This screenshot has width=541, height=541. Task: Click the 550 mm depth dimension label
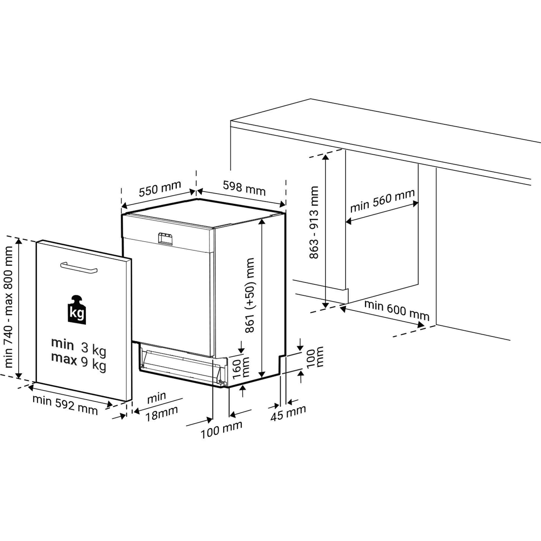coord(160,189)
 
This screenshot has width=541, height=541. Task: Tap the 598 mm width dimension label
coord(244,188)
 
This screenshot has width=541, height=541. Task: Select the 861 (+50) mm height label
coord(249,295)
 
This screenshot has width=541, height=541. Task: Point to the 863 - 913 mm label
coord(314,222)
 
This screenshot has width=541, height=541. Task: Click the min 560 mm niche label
coord(382,201)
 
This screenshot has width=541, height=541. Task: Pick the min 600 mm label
coord(397,311)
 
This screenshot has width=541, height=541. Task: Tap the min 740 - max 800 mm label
coord(8,307)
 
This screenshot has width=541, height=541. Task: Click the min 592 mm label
coord(65,405)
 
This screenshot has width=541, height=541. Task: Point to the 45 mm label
coord(288,413)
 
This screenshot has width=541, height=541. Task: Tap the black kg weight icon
coord(77,310)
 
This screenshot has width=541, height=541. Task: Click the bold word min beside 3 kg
coord(62,344)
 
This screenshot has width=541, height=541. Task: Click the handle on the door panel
coord(79,267)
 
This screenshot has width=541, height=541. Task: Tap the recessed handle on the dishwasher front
coord(165,239)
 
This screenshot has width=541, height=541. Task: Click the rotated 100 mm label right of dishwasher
coord(315,357)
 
